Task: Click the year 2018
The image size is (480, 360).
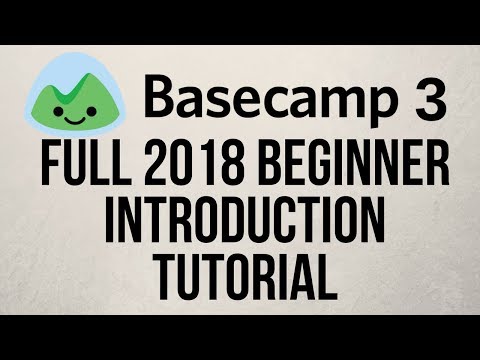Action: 187,165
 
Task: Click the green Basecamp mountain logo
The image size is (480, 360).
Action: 77,96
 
